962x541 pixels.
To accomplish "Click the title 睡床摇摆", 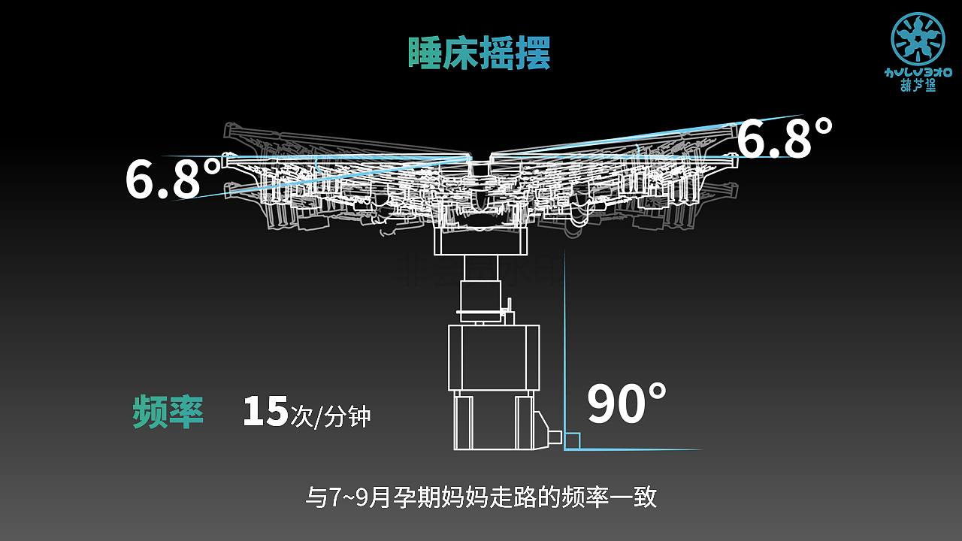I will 479,53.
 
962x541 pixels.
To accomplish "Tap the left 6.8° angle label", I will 174,179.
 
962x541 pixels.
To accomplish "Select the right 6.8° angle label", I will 785,138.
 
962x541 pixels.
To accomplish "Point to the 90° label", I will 626,404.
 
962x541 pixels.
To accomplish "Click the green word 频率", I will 168,411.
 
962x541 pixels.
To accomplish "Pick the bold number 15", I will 265,412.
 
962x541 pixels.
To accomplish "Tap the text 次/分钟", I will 331,416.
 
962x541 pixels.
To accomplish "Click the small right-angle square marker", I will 572,441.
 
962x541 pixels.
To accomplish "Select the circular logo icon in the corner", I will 918,38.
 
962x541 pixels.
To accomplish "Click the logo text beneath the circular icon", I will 918,79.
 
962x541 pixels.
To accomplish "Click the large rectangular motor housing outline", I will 494,358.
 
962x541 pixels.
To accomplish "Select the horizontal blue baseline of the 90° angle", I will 639,449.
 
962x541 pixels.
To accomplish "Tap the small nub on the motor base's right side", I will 555,437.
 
